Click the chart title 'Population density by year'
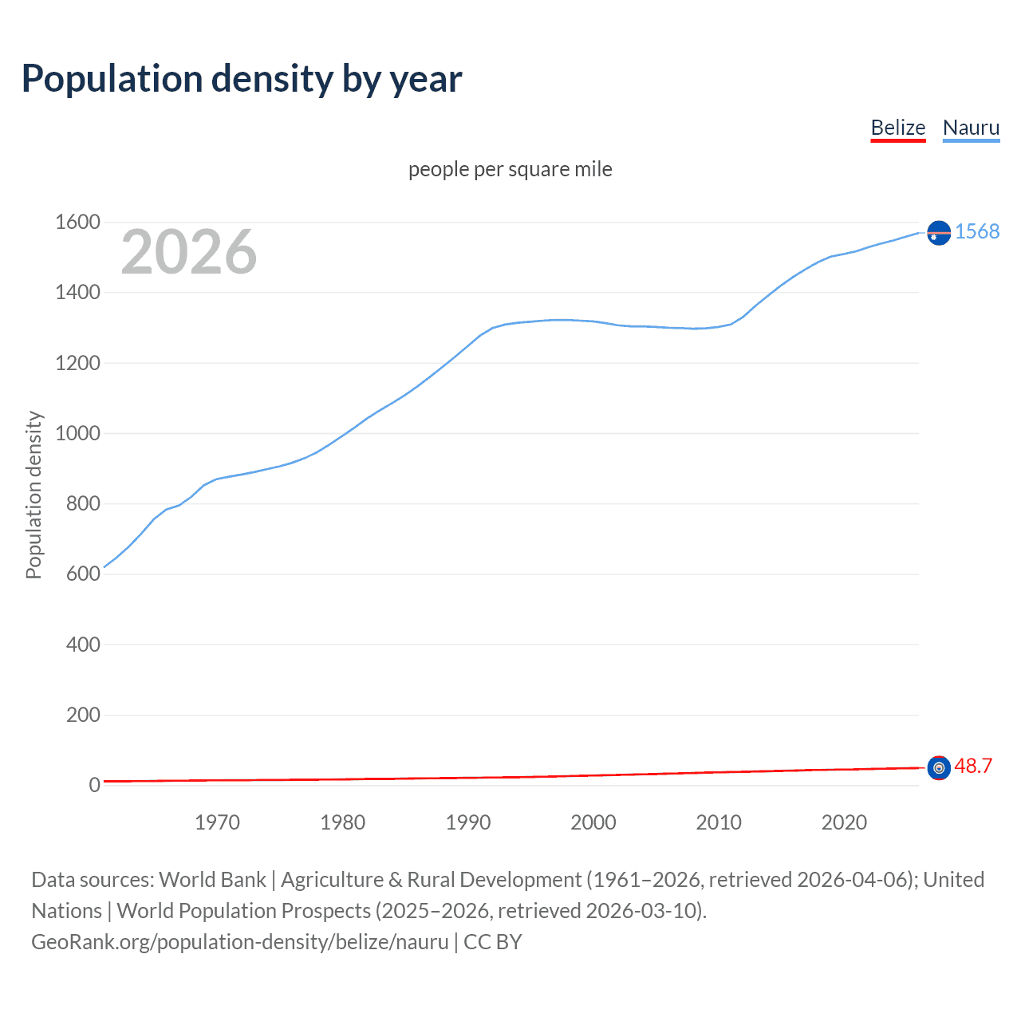point(242,79)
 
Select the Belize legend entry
point(897,128)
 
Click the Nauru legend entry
point(971,128)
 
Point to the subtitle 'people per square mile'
point(510,170)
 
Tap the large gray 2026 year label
point(189,252)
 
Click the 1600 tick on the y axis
point(77,223)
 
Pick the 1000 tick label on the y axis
point(77,434)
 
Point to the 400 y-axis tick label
point(83,645)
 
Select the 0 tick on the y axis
point(94,785)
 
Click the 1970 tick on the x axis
point(217,822)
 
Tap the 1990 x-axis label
point(468,822)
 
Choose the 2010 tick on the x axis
point(719,822)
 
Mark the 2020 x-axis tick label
point(844,822)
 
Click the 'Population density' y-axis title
point(34,495)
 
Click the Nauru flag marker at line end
point(939,232)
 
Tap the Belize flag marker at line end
point(939,767)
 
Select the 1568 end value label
point(977,231)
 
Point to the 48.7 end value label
point(973,767)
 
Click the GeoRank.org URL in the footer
point(240,942)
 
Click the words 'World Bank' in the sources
point(212,880)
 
